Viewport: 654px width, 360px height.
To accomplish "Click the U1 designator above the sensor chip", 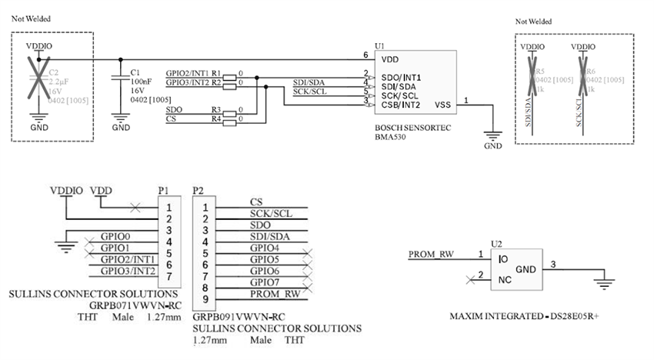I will tap(378, 46).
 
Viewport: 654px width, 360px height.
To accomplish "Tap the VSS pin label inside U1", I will tap(442, 105).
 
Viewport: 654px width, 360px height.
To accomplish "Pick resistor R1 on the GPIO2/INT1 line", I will tap(229, 73).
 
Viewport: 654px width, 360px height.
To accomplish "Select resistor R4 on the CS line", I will tap(229, 119).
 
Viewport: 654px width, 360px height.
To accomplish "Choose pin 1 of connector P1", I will tap(169, 206).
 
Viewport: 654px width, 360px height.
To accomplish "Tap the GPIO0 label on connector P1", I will tap(115, 237).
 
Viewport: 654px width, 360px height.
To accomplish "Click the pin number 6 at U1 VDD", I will tap(366, 55).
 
